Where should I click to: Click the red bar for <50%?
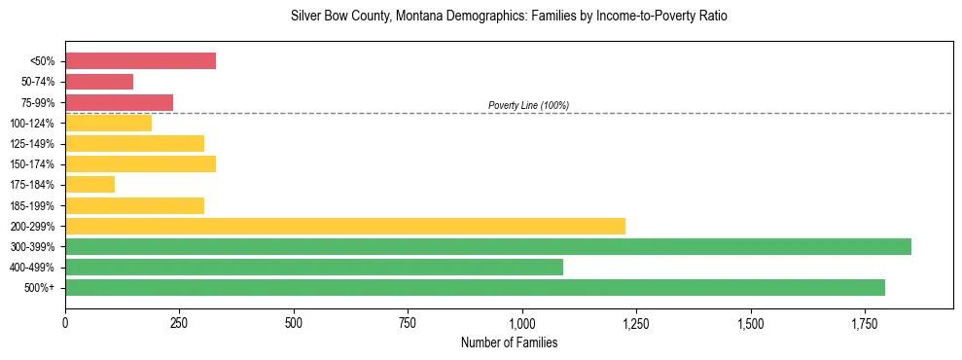coord(140,61)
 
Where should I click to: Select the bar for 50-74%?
coord(99,82)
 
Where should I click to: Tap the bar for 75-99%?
coord(119,102)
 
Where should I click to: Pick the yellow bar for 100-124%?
coord(108,123)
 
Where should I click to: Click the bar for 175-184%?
coord(89,184)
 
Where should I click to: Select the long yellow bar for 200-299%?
coord(345,226)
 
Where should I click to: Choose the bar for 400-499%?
coord(314,267)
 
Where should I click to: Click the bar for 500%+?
coord(475,287)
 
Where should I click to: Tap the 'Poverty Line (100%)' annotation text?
coord(528,105)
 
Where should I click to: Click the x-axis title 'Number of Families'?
coord(509,342)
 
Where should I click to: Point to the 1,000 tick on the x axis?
coord(522,322)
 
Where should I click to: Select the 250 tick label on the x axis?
coord(179,322)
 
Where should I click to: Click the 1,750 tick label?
coord(751,322)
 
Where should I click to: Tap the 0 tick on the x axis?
coord(65,322)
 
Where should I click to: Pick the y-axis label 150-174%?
coord(32,164)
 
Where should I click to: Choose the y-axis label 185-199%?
coord(32,205)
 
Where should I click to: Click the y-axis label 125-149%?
coord(32,144)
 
